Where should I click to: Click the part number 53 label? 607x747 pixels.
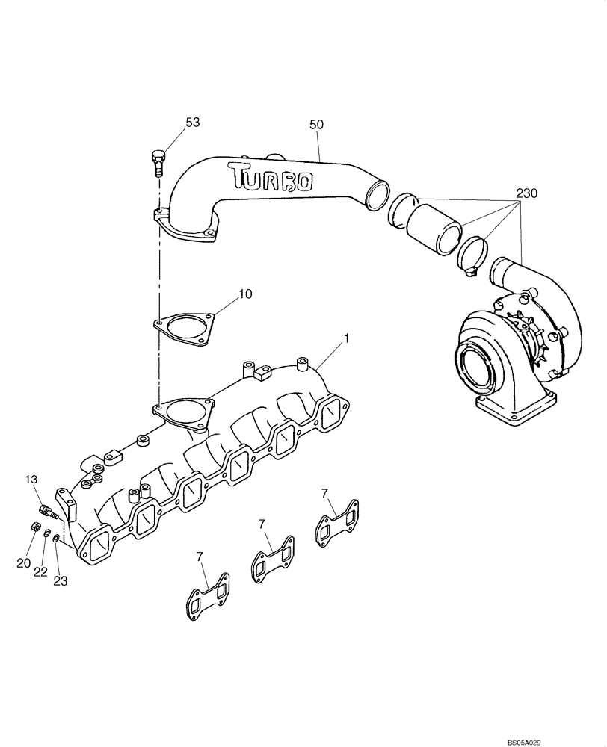pos(192,122)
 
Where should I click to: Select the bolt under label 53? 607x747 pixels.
pos(158,161)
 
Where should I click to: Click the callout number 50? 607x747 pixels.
pos(316,125)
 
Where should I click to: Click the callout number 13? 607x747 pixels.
pos(31,479)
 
